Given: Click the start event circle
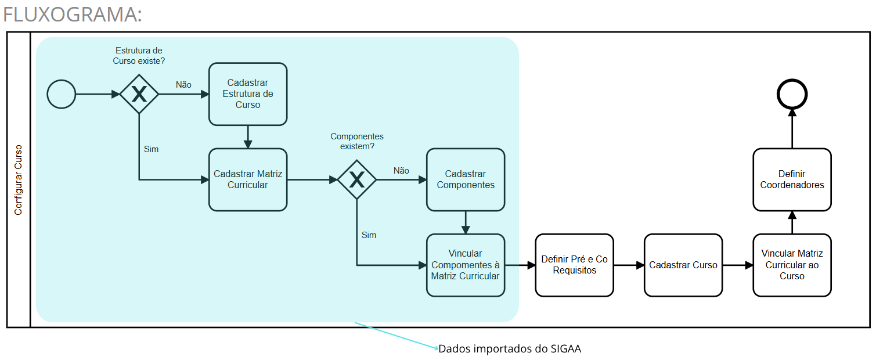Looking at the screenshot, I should click(x=61, y=94).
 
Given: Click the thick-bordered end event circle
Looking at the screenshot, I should click(x=792, y=94).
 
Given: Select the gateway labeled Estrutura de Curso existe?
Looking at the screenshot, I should click(x=139, y=94).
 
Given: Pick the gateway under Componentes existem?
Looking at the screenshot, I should click(x=357, y=180).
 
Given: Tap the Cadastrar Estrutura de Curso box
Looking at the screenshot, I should click(x=248, y=94).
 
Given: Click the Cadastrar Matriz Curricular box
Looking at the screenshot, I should click(x=248, y=179).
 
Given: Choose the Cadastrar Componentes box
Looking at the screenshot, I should click(x=466, y=179).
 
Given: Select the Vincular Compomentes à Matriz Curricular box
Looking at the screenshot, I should click(x=466, y=265).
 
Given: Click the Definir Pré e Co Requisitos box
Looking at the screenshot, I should click(x=574, y=265).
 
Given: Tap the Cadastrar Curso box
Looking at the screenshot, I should click(x=683, y=265).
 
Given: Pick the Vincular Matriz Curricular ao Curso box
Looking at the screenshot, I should click(x=792, y=265).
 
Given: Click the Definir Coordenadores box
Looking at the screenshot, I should click(x=792, y=179).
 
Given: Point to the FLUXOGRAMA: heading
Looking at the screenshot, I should click(x=73, y=15).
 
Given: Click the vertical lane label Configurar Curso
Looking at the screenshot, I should click(x=19, y=180).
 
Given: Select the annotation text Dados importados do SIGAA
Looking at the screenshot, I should click(x=510, y=349).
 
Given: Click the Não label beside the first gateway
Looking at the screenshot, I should click(x=183, y=85).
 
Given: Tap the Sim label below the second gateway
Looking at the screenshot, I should click(x=369, y=235).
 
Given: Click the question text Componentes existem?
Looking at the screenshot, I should click(x=357, y=141).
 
